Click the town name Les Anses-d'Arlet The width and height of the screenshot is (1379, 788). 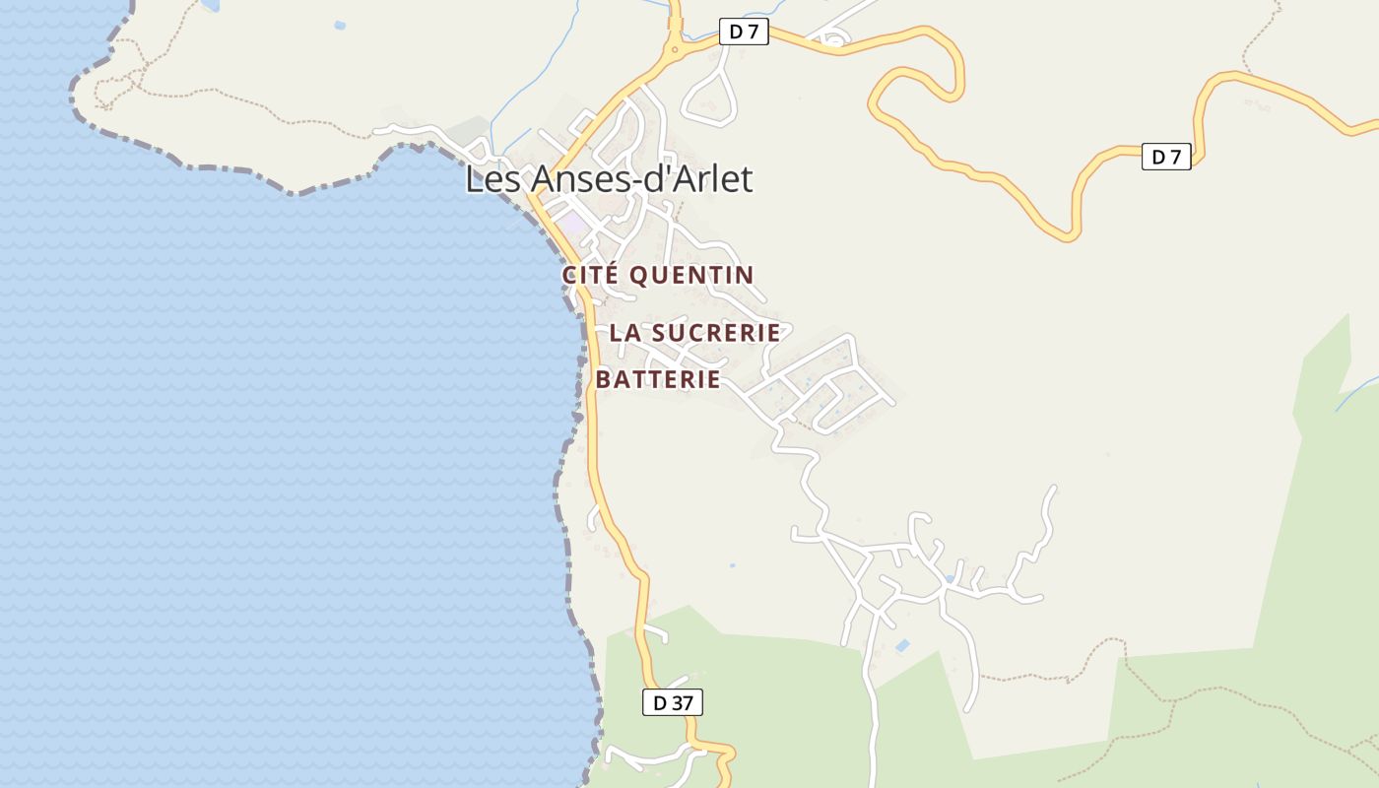click(608, 179)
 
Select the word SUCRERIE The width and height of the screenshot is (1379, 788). click(716, 333)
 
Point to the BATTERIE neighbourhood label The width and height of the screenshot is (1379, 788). click(658, 379)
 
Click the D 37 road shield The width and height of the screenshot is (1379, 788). click(672, 702)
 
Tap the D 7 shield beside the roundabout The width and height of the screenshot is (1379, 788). click(744, 32)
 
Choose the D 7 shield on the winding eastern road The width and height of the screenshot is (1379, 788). click(1166, 156)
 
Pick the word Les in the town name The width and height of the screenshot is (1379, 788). click(493, 179)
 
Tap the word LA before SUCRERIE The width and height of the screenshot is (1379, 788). click(624, 333)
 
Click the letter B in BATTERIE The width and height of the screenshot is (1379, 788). click(604, 379)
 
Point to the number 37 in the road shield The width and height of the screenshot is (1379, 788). click(682, 702)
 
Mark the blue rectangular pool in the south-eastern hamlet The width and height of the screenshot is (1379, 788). click(902, 646)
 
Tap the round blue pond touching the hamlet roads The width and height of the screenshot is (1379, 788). click(949, 578)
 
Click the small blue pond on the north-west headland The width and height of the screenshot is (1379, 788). click(340, 25)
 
